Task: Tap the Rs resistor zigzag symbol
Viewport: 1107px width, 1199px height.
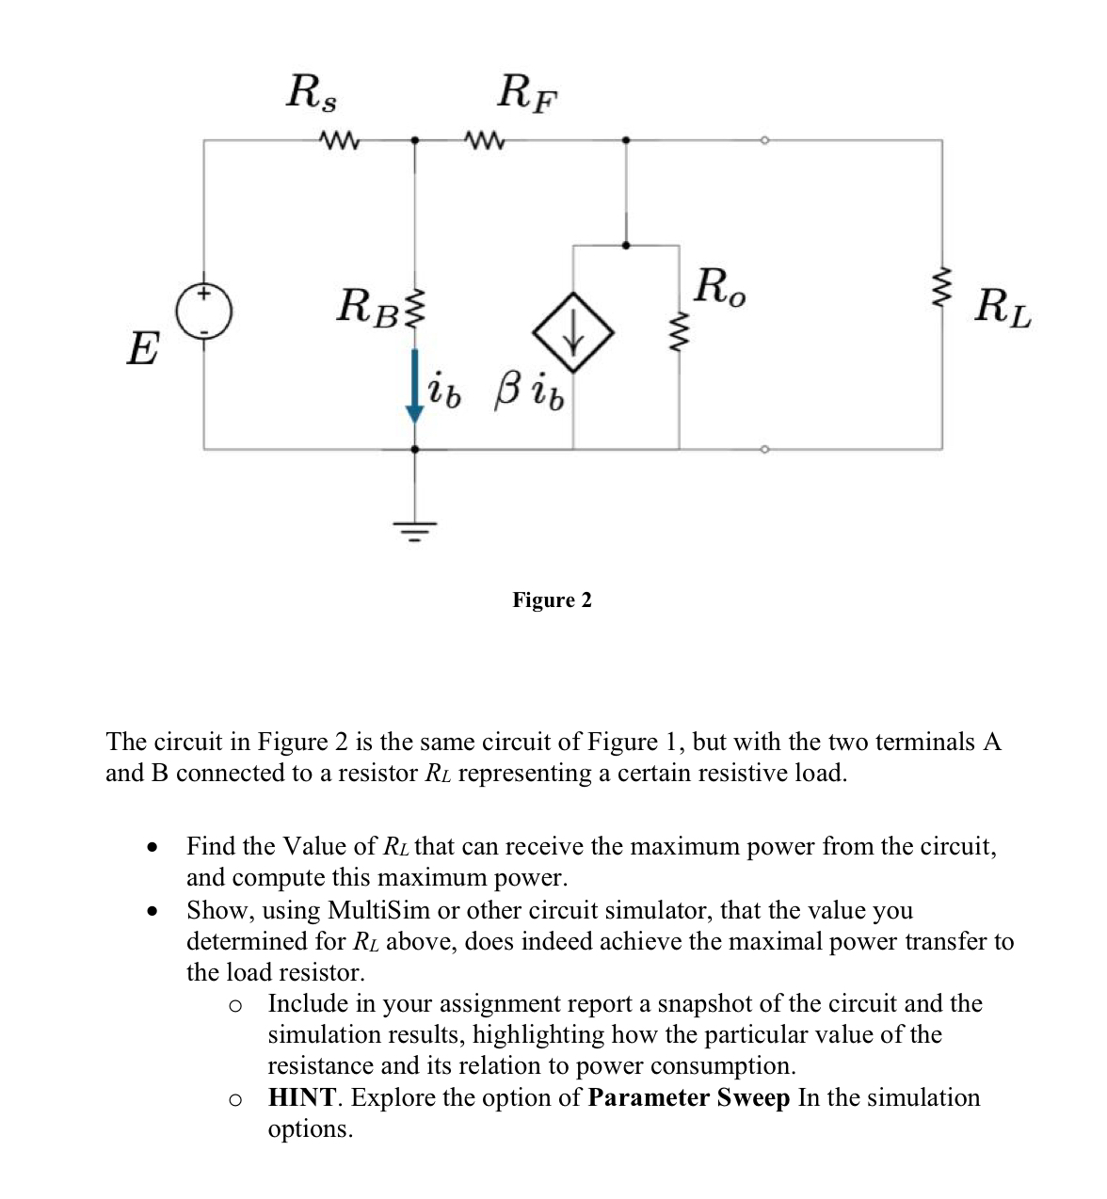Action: point(336,141)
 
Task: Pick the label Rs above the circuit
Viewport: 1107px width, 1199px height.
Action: point(313,92)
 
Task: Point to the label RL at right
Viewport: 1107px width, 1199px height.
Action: point(1003,308)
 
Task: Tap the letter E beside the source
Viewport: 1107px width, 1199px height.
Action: point(142,348)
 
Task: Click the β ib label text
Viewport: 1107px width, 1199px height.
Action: point(528,394)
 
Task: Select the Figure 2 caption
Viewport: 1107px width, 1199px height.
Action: point(552,600)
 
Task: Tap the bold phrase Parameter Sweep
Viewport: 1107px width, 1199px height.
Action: point(688,1097)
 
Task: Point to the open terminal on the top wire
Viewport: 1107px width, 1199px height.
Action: point(764,141)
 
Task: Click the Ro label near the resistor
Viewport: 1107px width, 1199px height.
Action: point(719,286)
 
